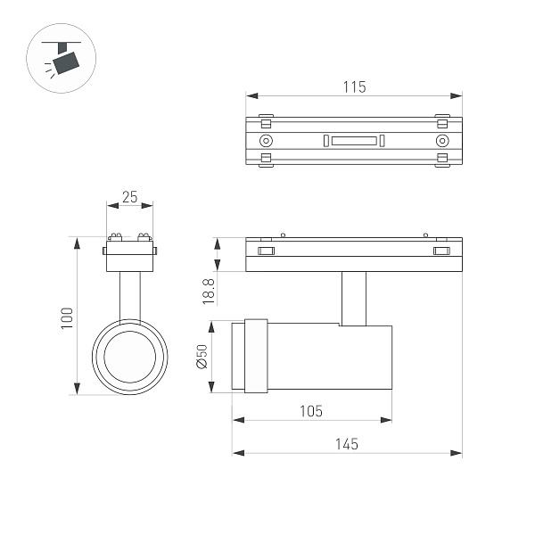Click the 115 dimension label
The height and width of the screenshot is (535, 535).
(354, 86)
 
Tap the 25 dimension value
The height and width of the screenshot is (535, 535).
(130, 197)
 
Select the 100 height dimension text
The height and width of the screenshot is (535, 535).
(66, 317)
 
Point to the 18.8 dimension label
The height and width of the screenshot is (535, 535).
(208, 290)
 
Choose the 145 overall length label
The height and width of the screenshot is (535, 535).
(347, 443)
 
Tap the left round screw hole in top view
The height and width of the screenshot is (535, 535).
(266, 141)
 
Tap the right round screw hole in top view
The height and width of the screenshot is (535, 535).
(441, 141)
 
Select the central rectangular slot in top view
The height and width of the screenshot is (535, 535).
(354, 141)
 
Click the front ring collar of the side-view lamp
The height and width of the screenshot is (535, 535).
(255, 356)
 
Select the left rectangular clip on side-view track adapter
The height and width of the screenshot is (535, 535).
(266, 251)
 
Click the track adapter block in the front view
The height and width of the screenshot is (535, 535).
(130, 259)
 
